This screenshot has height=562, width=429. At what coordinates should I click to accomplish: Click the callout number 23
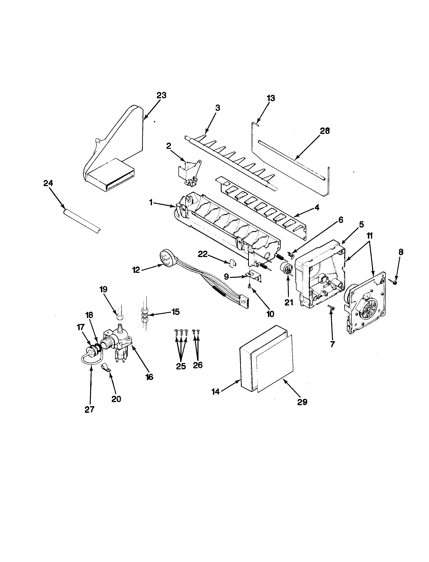point(161,95)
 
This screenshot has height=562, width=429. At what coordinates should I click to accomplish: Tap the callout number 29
point(302,402)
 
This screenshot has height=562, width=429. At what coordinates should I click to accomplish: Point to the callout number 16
point(149,377)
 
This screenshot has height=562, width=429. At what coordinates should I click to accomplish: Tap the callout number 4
point(317,208)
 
